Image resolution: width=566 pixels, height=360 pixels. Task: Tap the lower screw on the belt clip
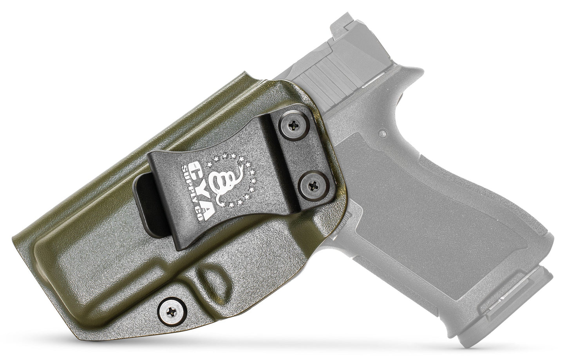[313, 186]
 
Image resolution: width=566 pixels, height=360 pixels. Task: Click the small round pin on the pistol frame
[383, 133]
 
